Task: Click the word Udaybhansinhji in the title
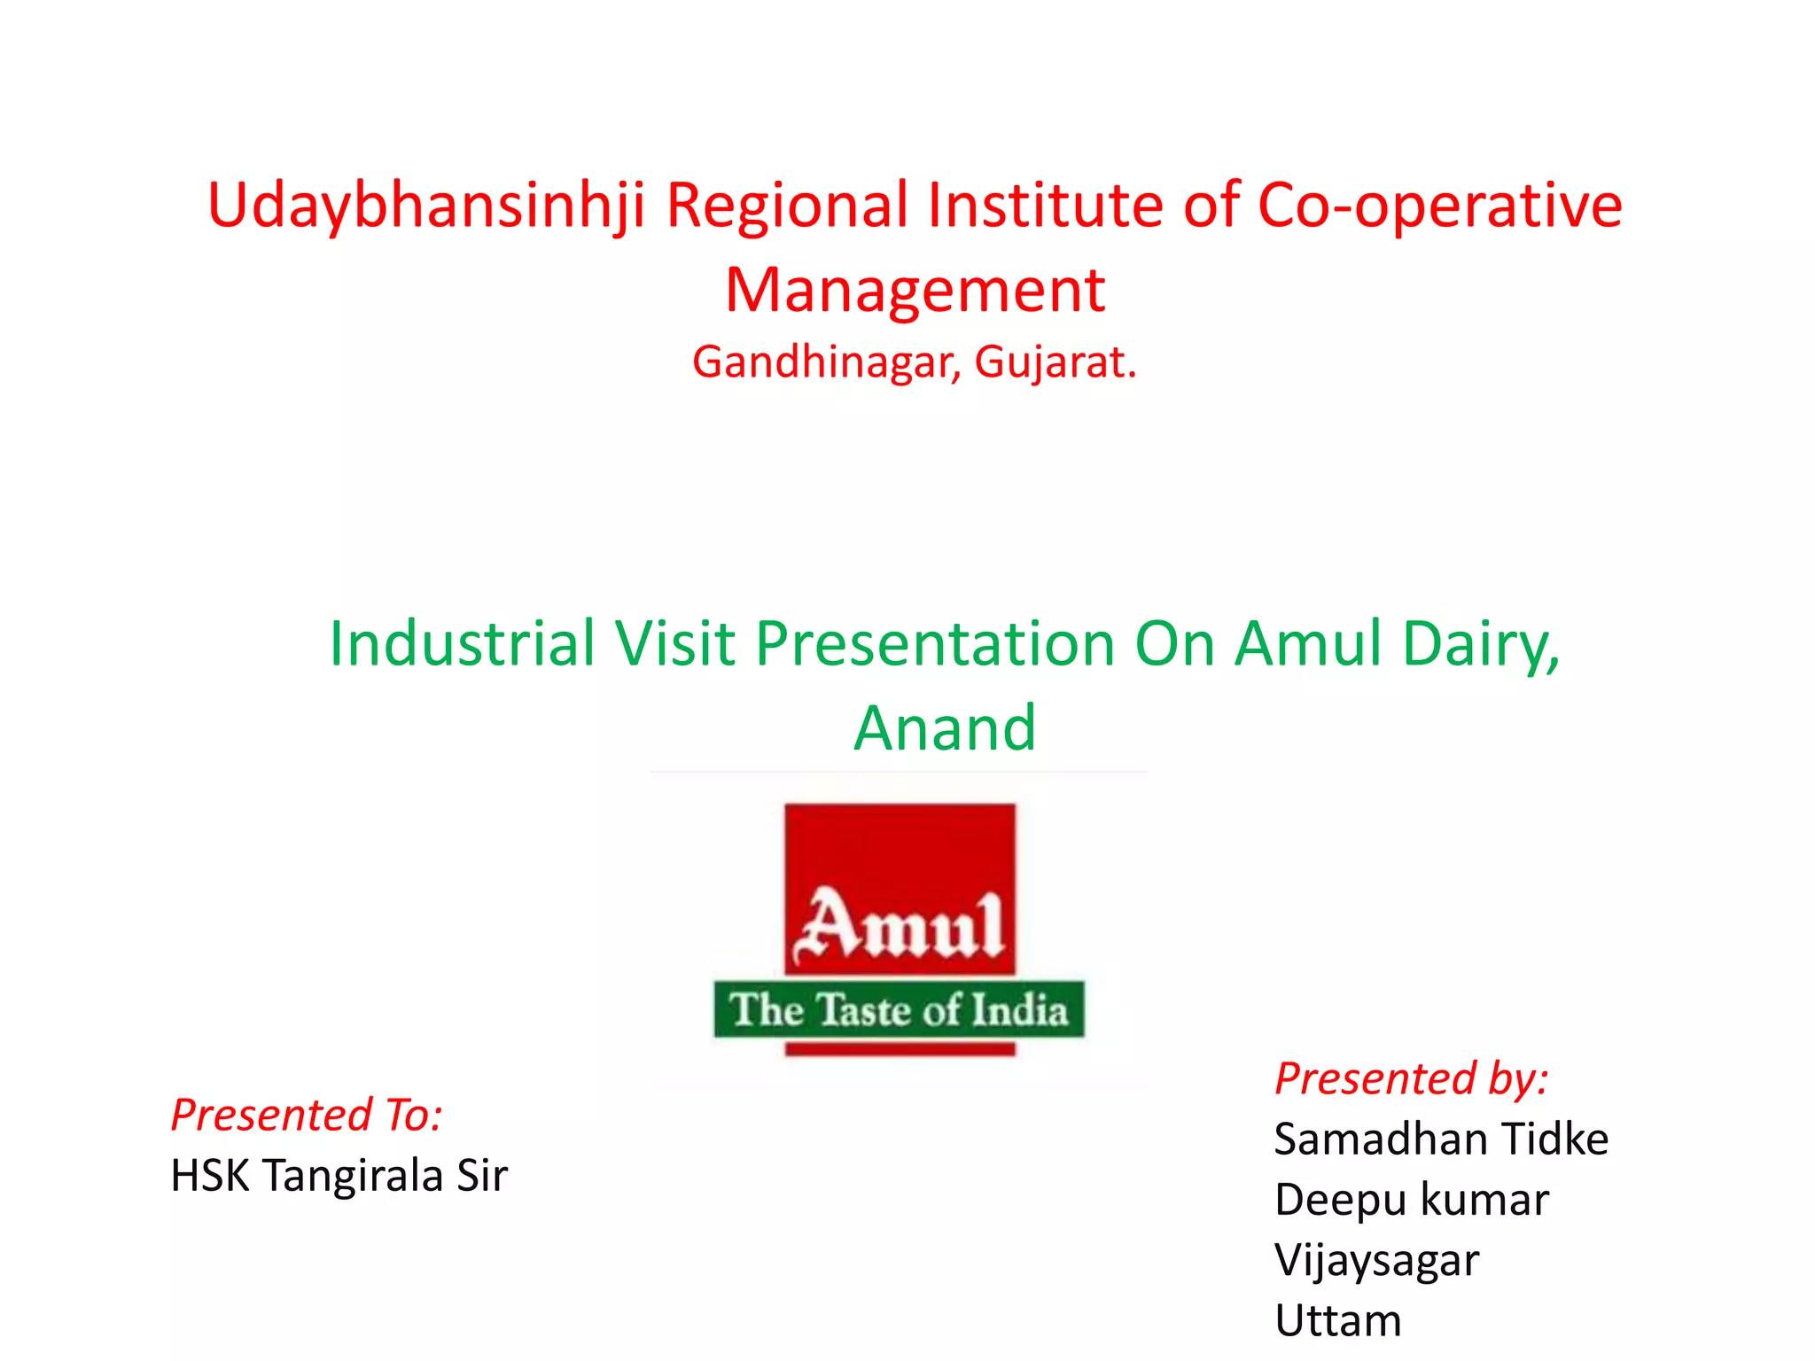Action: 425,206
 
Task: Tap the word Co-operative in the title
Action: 1439,206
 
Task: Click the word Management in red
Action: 915,291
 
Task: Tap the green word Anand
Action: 945,728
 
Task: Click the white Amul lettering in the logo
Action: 900,926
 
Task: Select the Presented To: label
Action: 307,1115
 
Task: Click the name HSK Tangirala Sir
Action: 339,1176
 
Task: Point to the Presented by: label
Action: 1411,1079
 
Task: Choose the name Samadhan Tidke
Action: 1441,1139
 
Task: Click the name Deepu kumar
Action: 1412,1200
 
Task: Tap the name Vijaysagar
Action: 1376,1260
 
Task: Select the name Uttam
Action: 1338,1320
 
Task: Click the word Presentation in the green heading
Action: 936,643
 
